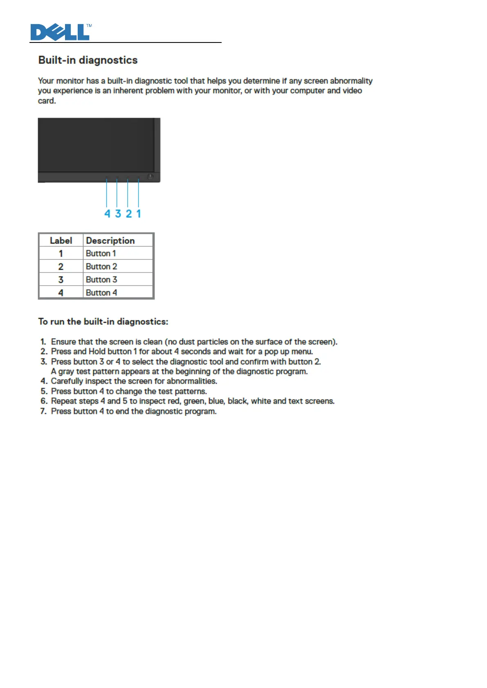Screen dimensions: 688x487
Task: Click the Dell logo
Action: tap(61, 32)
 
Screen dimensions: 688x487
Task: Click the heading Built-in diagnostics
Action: tap(88, 60)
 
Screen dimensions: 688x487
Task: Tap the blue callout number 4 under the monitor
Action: tap(107, 214)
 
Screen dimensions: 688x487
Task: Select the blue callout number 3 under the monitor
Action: tap(118, 214)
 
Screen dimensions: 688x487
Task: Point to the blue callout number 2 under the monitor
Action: tap(129, 214)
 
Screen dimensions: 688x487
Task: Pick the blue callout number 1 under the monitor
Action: tap(139, 214)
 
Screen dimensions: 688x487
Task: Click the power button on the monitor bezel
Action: tap(150, 177)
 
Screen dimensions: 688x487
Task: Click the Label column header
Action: tap(61, 241)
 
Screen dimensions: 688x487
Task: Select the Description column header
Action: tap(110, 241)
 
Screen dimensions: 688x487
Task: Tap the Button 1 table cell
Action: tap(101, 253)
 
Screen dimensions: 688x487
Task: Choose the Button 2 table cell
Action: tap(101, 266)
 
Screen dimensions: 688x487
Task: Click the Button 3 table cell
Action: tap(101, 279)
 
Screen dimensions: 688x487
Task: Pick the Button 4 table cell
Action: tap(101, 293)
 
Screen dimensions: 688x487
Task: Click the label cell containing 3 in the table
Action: tap(61, 279)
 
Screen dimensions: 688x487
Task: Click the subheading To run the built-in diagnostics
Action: tap(103, 322)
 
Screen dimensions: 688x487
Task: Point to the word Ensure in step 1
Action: tap(63, 342)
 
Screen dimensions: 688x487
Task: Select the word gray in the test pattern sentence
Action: tap(66, 371)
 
